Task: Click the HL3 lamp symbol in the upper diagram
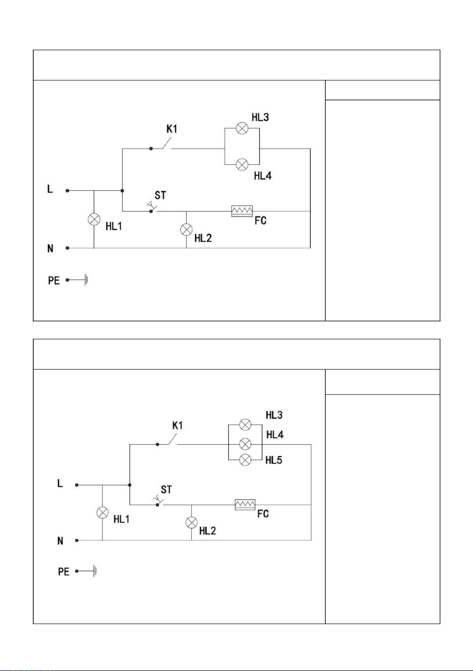[242, 128]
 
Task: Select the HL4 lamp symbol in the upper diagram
[242, 164]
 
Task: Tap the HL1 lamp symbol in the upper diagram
[94, 219]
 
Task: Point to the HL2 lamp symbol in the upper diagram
[186, 230]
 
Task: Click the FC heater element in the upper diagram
[242, 211]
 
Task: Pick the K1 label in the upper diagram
[172, 129]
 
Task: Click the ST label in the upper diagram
[160, 195]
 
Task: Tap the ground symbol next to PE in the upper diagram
[86, 280]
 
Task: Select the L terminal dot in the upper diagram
[67, 191]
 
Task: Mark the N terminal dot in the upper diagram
[67, 248]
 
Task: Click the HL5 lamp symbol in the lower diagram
[245, 460]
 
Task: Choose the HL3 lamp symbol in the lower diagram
[245, 425]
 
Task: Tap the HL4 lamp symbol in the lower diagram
[245, 444]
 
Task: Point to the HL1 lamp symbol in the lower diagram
[103, 513]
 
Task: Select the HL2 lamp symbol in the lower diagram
[191, 522]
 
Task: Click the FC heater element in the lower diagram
[245, 505]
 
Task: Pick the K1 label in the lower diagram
[178, 426]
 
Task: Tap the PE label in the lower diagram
[63, 572]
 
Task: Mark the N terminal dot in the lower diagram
[77, 540]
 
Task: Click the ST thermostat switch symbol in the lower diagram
[158, 502]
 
